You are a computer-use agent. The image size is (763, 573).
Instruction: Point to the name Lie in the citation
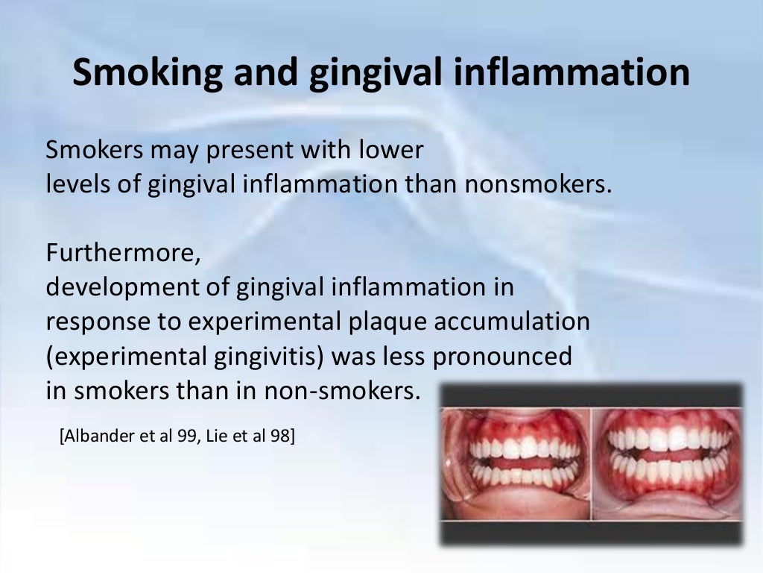click(215, 435)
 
